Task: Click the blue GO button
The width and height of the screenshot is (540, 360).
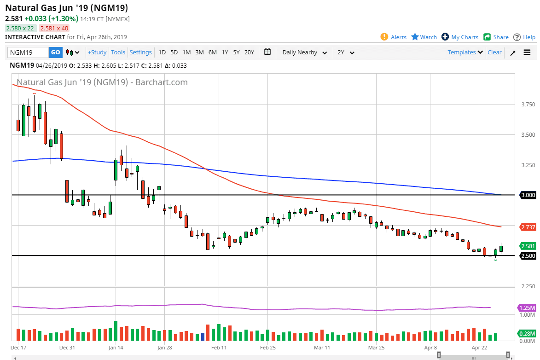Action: coord(55,52)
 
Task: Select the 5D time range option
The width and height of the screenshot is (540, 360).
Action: coord(174,52)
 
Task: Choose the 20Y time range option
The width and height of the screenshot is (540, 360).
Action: coord(249,52)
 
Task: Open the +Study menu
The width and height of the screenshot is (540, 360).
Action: coord(97,52)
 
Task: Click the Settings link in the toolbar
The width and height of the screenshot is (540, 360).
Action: coord(140,52)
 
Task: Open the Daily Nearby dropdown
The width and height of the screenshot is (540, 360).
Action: coord(305,52)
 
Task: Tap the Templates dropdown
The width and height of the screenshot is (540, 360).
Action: coord(465,52)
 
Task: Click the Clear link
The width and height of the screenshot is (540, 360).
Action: coord(494,52)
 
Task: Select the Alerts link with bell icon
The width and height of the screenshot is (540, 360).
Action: coord(394,37)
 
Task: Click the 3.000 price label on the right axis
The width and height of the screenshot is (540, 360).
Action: coord(528,195)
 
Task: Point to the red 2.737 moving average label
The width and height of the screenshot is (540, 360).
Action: coord(528,227)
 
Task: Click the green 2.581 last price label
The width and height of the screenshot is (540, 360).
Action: coord(528,246)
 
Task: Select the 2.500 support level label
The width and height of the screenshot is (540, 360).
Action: coord(528,256)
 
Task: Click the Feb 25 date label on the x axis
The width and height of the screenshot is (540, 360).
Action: coord(268,347)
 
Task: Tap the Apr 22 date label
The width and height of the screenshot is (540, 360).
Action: coord(479,347)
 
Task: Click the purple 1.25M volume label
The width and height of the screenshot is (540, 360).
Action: coord(527,308)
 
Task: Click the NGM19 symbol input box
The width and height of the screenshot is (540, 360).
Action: coord(28,52)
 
